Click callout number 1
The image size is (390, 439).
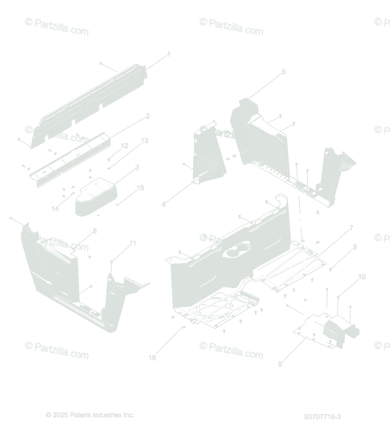tap(169, 55)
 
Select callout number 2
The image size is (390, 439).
tap(148, 116)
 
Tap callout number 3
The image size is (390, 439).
tap(137, 168)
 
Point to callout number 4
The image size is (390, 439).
tap(164, 205)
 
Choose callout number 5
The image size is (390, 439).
tap(284, 72)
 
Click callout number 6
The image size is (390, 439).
tap(95, 230)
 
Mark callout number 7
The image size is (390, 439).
tap(351, 228)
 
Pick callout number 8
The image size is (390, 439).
tap(280, 364)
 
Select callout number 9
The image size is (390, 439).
tap(355, 247)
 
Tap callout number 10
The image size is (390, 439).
tap(361, 277)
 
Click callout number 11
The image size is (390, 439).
tap(133, 243)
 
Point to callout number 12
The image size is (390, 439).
tap(124, 146)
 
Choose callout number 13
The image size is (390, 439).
tap(145, 140)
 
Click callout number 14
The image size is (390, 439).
tap(55, 209)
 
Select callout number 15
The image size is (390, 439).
tap(140, 188)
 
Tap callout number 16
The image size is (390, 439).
tap(152, 357)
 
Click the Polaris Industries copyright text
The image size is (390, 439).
tap(90, 415)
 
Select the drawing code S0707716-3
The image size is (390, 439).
tap(322, 417)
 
